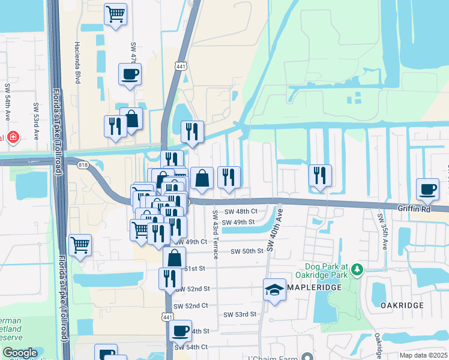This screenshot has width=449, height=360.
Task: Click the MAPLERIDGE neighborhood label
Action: click(x=314, y=288)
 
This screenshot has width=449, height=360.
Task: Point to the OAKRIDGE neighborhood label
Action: click(x=402, y=305)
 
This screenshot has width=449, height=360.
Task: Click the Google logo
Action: click(x=20, y=353)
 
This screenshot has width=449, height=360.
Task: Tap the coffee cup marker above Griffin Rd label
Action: click(x=428, y=189)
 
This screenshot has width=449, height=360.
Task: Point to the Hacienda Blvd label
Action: click(x=77, y=62)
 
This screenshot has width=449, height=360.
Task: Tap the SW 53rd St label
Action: click(x=240, y=314)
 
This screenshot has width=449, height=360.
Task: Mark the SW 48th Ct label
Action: click(x=241, y=211)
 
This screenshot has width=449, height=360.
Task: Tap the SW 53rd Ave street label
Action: click(x=36, y=122)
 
